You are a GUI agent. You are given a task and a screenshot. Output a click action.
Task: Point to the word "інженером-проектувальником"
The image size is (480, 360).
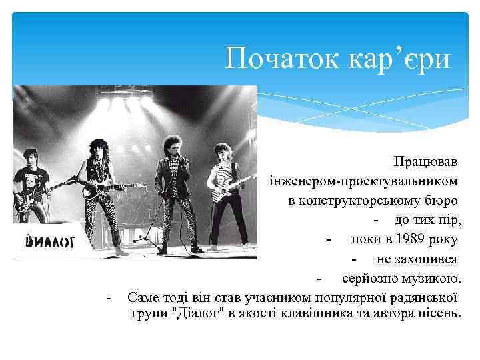pyautogui.click(x=364, y=181)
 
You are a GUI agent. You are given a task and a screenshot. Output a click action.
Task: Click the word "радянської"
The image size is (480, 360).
pyautogui.click(x=427, y=296)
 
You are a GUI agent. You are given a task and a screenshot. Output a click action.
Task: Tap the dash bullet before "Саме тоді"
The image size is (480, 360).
pyautogui.click(x=109, y=296)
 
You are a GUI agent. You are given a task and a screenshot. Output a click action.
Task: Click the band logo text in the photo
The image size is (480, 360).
pyautogui.click(x=50, y=241)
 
